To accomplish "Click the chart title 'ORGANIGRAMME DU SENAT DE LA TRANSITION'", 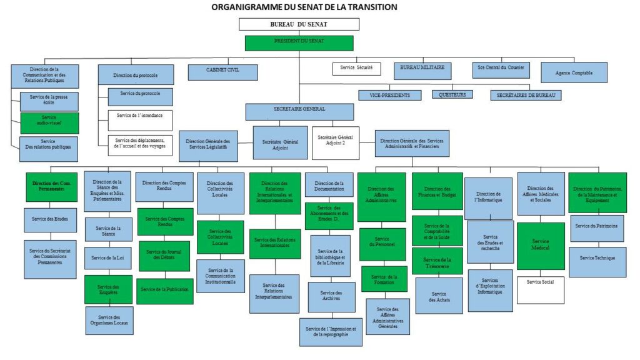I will click(x=304, y=7).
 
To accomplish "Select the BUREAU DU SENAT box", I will click(x=299, y=24).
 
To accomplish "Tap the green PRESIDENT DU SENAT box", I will click(x=299, y=43).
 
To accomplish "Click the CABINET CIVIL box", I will click(x=223, y=72).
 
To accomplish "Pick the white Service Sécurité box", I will click(x=356, y=67).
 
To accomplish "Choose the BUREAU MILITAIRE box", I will click(x=422, y=71).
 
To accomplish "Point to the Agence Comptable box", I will click(x=573, y=72).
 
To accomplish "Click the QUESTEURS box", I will click(x=452, y=95).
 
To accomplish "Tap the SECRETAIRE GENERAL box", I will click(x=299, y=111).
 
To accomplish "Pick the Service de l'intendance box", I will click(x=140, y=120).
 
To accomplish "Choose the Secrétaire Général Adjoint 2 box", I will click(x=336, y=142).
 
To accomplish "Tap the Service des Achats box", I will click(x=439, y=296).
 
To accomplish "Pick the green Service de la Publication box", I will click(x=165, y=289).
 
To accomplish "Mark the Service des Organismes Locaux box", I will click(x=109, y=321).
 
